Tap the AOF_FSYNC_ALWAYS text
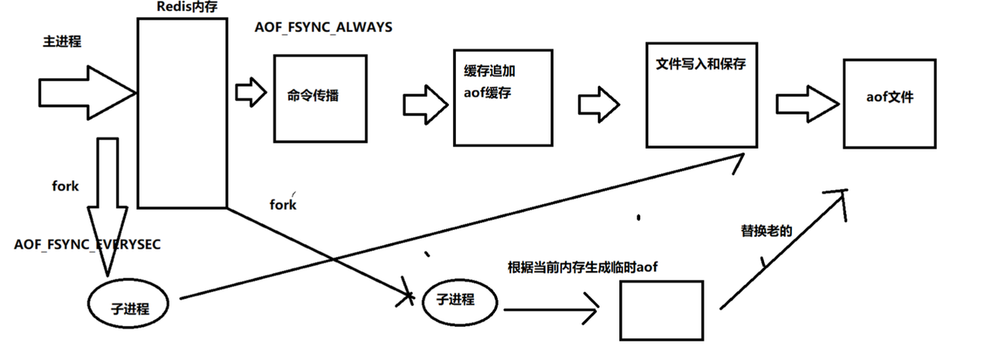tap(324, 28)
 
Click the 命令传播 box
tap(314, 97)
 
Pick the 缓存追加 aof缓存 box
tap(502, 97)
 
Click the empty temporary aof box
tap(661, 308)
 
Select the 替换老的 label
tap(766, 230)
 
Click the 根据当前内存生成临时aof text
tap(582, 267)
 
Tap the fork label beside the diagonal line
tap(283, 205)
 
